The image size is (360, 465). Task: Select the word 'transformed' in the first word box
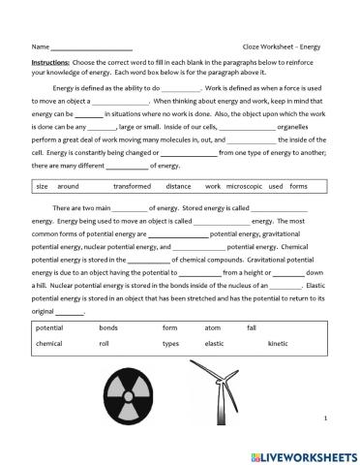pyautogui.click(x=132, y=184)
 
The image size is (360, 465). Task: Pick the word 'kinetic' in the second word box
pyautogui.click(x=278, y=344)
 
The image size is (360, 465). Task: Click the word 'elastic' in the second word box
pyautogui.click(x=214, y=344)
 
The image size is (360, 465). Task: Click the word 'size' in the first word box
pyautogui.click(x=42, y=184)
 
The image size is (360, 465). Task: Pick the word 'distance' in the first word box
pyautogui.click(x=178, y=184)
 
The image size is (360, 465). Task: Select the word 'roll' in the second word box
pyautogui.click(x=105, y=344)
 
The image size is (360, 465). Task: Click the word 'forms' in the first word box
pyautogui.click(x=299, y=184)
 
